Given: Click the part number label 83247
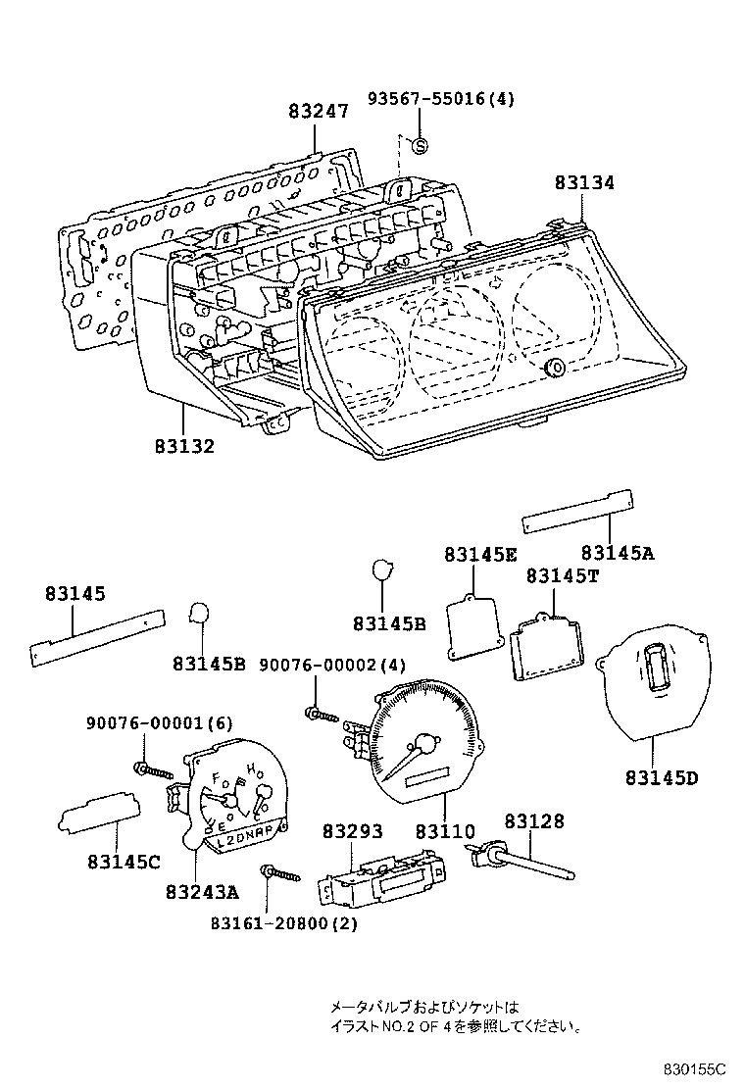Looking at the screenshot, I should click(x=319, y=113).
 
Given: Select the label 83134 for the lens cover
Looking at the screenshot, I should click(x=584, y=183).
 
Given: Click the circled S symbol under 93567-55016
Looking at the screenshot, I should click(x=421, y=147).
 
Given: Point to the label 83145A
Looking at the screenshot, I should click(x=617, y=553).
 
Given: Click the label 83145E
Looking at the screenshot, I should click(x=479, y=554).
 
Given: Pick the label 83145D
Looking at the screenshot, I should click(x=662, y=778).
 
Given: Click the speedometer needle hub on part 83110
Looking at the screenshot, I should click(x=426, y=743).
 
